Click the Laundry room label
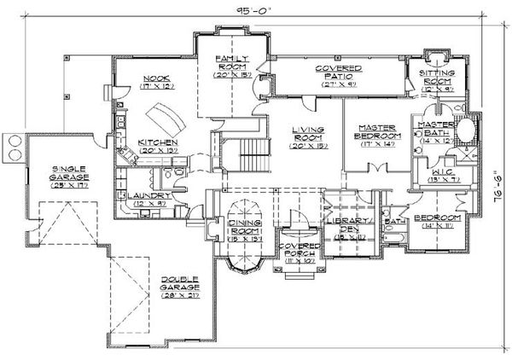150,199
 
